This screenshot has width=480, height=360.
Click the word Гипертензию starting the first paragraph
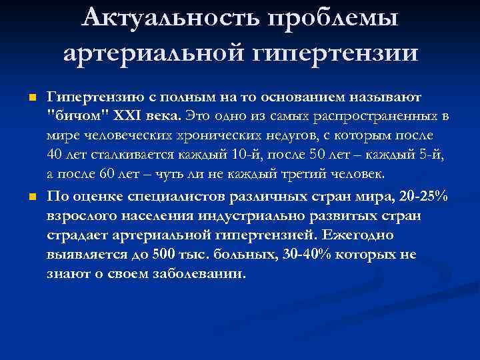(87, 98)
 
